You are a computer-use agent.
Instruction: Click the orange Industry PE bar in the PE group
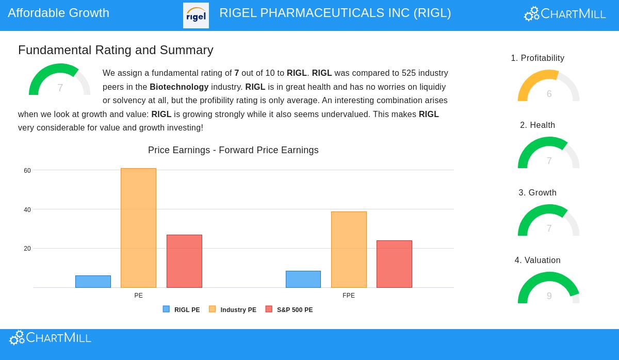(x=138, y=228)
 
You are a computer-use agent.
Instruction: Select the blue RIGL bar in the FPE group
(x=303, y=280)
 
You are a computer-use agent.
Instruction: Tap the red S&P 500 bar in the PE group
(x=184, y=261)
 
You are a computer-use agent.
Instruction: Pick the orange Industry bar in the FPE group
(x=349, y=250)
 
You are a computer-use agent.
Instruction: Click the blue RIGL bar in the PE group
(x=93, y=282)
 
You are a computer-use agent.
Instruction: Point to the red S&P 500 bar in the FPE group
(x=394, y=264)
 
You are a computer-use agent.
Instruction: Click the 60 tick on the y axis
(x=27, y=171)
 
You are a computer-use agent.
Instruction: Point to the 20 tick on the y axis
(x=27, y=249)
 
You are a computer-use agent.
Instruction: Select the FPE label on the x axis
(x=349, y=296)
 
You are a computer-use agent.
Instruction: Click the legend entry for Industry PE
(x=233, y=310)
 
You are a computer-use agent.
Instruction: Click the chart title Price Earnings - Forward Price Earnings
(x=233, y=150)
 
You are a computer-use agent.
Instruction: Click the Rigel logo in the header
(x=196, y=15)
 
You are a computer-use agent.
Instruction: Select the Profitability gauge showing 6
(x=548, y=87)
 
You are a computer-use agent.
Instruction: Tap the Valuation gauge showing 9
(x=548, y=289)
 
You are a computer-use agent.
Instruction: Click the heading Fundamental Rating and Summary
(x=116, y=50)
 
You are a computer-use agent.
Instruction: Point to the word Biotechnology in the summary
(x=179, y=87)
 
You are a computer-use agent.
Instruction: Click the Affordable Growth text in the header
(x=58, y=13)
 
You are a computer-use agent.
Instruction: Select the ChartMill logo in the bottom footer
(x=50, y=338)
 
